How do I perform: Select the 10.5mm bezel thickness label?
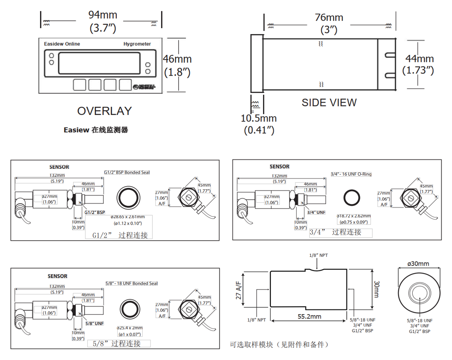pyautogui.click(x=259, y=118)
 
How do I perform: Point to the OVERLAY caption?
pyautogui.click(x=104, y=111)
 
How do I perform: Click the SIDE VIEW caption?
pyautogui.click(x=329, y=102)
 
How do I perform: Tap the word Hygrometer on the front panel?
pyautogui.click(x=137, y=44)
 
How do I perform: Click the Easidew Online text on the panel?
pyautogui.click(x=62, y=44)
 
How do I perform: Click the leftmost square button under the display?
pyautogui.click(x=80, y=85)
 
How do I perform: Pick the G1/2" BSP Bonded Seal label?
pyautogui.click(x=127, y=173)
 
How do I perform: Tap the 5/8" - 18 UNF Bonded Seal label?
pyautogui.click(x=131, y=284)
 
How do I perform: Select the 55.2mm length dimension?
pyautogui.click(x=309, y=316)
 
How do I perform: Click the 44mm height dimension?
pyautogui.click(x=419, y=59)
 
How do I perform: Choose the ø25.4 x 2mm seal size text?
pyautogui.click(x=129, y=328)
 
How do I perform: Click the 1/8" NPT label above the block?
pyautogui.click(x=318, y=255)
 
